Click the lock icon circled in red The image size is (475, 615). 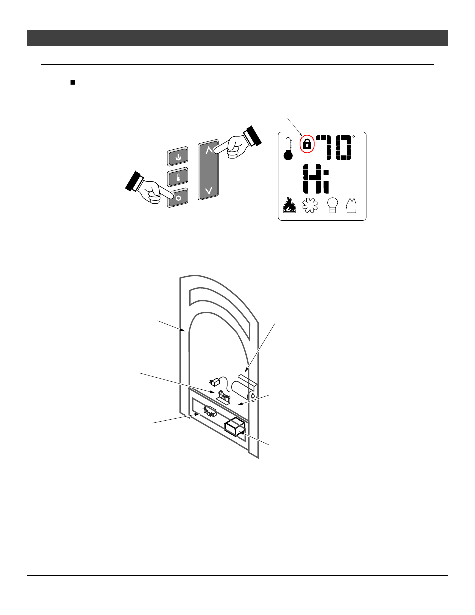point(307,144)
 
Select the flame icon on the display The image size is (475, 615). point(289,205)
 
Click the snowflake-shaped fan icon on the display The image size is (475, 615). point(310,205)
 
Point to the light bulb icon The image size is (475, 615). point(333,205)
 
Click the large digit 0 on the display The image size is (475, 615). point(343,147)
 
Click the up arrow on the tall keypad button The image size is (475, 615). point(209,150)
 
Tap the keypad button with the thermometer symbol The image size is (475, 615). point(178,177)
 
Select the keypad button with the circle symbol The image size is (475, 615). point(178,197)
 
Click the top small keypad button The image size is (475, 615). point(178,157)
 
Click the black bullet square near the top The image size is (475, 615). point(73,83)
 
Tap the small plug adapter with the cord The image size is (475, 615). point(215,382)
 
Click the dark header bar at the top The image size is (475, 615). point(237,38)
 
